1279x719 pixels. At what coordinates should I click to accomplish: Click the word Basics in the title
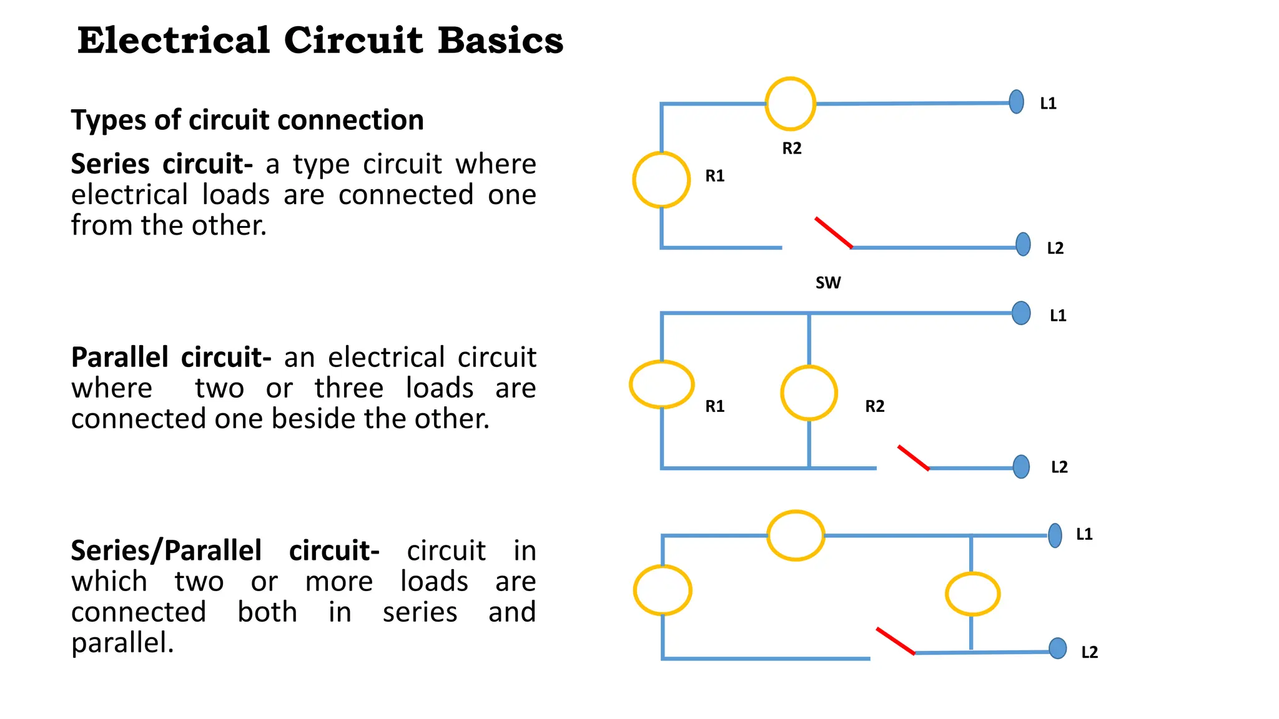500,41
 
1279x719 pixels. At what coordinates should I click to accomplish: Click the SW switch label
827,283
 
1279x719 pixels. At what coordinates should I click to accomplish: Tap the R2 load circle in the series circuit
790,104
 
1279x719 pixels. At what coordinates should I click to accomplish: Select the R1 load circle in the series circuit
661,180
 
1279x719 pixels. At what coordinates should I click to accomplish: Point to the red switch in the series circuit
833,233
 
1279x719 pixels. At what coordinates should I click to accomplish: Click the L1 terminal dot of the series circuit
1016,102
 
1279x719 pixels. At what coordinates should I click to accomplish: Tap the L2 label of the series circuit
1055,248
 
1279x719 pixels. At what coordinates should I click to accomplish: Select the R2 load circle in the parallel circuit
809,393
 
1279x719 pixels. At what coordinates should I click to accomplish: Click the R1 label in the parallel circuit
714,406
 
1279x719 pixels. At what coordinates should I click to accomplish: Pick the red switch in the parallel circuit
913,457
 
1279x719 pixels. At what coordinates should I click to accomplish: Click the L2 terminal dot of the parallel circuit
1021,466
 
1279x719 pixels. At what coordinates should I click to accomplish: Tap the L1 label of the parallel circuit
1057,316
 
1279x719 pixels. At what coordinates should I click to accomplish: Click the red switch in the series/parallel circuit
895,641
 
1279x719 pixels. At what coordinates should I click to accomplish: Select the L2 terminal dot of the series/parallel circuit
1057,648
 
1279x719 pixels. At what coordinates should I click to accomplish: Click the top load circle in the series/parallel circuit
795,536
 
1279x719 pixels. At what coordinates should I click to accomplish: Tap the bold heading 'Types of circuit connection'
247,120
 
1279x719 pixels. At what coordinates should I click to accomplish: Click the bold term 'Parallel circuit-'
171,358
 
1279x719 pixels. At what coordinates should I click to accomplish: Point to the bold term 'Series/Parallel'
166,551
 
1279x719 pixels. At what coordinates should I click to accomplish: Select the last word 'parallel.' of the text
122,643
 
